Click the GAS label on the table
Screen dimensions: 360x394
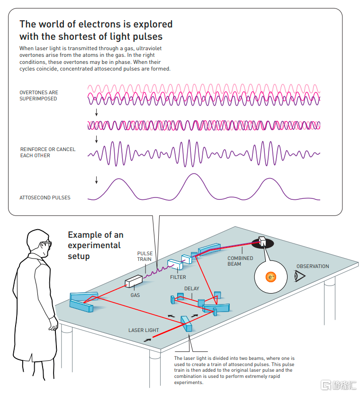(135, 295)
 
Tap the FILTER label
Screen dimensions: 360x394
(178, 277)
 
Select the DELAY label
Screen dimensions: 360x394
(191, 288)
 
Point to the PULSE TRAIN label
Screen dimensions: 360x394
(144, 256)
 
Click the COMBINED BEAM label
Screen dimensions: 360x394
(240, 261)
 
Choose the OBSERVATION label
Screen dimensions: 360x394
(313, 266)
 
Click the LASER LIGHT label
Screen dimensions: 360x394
(144, 330)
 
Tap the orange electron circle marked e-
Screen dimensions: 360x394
(271, 277)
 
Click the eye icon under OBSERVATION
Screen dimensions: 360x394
(300, 276)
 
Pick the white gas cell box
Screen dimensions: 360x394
(134, 281)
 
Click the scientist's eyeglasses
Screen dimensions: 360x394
(46, 244)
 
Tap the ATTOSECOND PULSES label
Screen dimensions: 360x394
(45, 198)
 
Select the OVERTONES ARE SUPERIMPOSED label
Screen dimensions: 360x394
(39, 96)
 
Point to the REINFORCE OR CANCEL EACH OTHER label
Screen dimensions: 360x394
(48, 152)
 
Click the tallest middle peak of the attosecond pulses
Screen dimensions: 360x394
(194, 174)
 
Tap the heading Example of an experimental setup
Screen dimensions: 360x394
(96, 245)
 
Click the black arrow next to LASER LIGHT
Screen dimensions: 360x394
(147, 340)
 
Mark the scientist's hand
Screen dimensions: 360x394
(54, 324)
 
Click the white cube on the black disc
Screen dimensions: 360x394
(262, 241)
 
